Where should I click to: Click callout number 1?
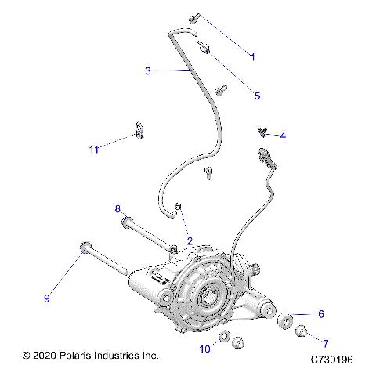(253, 56)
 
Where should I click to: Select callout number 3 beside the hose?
(147, 71)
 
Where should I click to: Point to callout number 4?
(283, 136)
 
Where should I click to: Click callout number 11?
(93, 148)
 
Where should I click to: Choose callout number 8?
(117, 209)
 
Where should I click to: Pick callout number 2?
(189, 240)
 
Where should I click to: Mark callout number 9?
(47, 298)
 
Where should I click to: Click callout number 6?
(320, 314)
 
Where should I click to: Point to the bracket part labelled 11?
(140, 130)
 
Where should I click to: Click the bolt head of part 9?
(82, 249)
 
